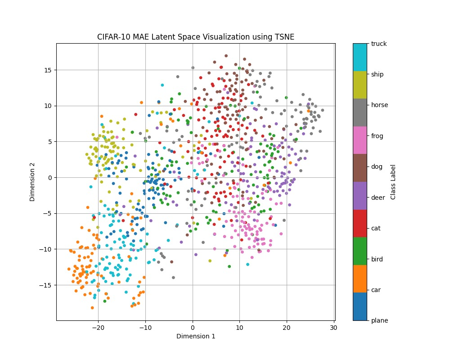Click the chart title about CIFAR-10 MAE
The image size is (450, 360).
[196, 37]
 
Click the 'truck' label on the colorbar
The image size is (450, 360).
[379, 44]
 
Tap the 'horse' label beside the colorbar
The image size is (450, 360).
[379, 105]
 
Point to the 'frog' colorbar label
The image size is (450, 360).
[377, 135]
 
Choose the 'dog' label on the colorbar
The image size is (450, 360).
[377, 166]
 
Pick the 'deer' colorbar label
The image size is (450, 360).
[378, 197]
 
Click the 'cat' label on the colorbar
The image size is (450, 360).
[376, 228]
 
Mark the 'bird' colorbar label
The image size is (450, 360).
[377, 259]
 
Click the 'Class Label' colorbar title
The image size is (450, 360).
[393, 182]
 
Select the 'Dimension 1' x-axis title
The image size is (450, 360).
[196, 336]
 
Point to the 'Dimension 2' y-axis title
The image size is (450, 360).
[32, 182]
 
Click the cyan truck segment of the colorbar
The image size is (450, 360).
[360, 57]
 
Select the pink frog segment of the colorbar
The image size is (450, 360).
[360, 140]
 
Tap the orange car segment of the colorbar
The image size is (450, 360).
[360, 279]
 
